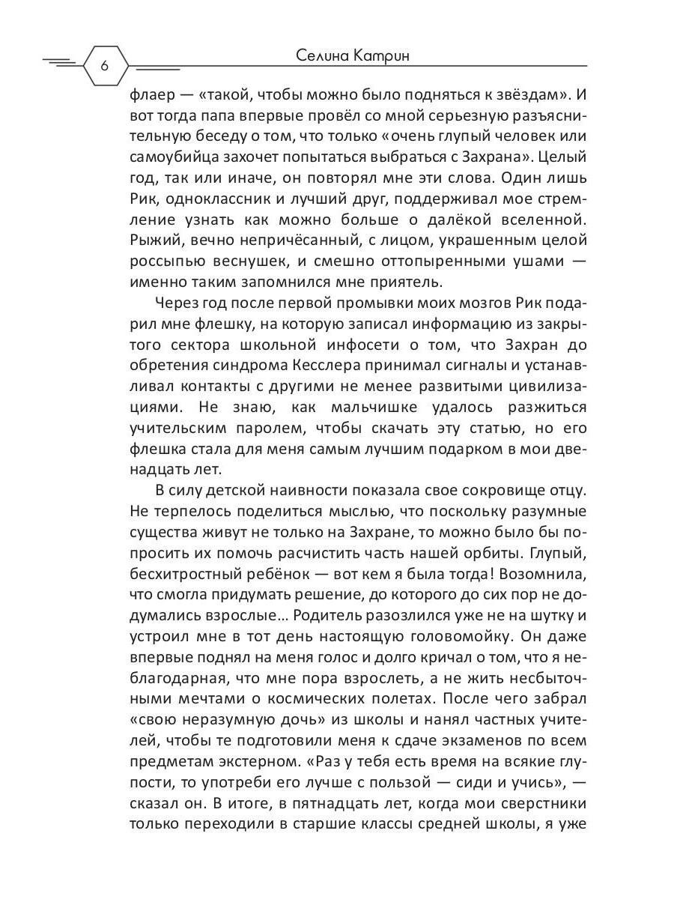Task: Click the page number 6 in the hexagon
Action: pos(104,66)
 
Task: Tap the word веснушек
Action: pos(285,262)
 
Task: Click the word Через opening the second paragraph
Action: pos(179,303)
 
